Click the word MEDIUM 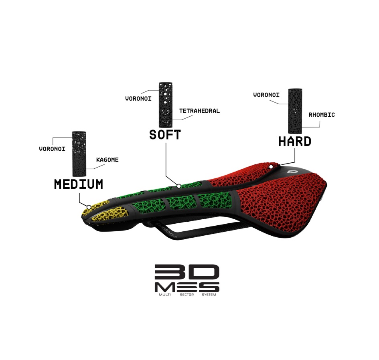coord(79,184)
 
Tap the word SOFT coord(165,135)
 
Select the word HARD coord(295,142)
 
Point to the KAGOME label coord(107,160)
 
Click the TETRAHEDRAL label coord(199,111)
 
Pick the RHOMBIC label coord(322,115)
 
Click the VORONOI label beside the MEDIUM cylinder coord(52,149)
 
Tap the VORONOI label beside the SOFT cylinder coord(138,99)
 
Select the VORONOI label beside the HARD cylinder coord(266,95)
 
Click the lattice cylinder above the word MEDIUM coord(79,154)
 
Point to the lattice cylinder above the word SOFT coord(166,105)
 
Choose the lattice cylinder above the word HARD coord(295,111)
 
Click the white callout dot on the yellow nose coord(89,207)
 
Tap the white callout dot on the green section coord(179,186)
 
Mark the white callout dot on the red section coord(271,167)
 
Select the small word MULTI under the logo coord(165,295)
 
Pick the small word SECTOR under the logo coord(187,295)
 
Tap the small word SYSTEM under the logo coord(209,295)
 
